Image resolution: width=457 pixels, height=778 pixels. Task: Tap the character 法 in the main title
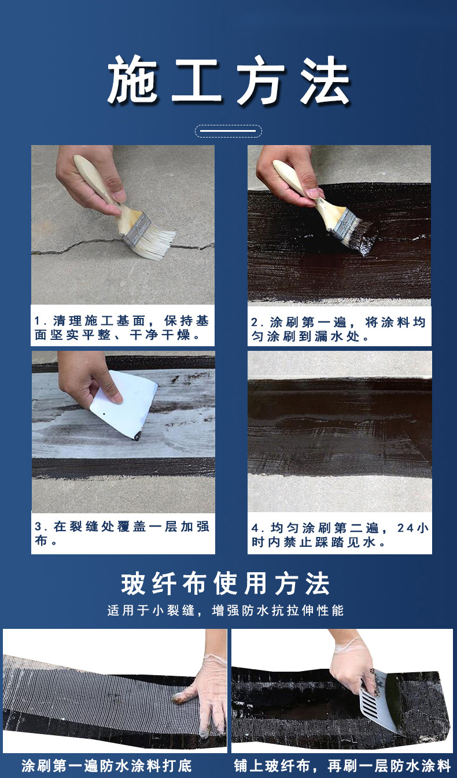pyautogui.click(x=325, y=80)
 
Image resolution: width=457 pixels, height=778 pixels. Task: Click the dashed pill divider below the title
pyautogui.click(x=228, y=131)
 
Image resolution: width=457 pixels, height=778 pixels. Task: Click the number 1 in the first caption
pyautogui.click(x=37, y=321)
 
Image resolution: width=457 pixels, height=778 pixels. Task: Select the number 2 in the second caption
pyautogui.click(x=255, y=323)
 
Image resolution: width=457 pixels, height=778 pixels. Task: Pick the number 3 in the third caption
pyautogui.click(x=38, y=527)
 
